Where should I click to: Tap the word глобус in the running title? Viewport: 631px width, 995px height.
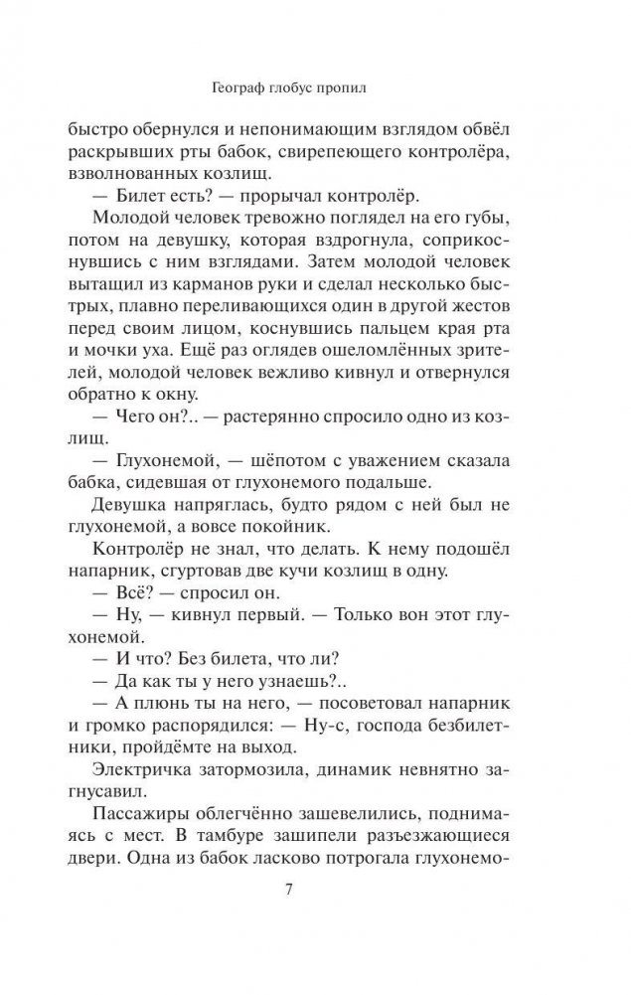(316, 86)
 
